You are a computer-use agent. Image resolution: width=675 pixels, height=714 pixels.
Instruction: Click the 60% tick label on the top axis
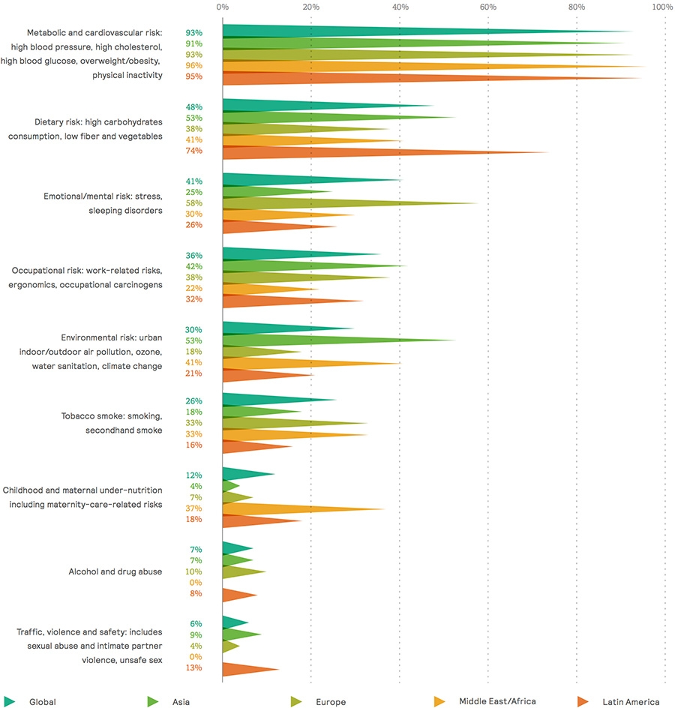pos(488,7)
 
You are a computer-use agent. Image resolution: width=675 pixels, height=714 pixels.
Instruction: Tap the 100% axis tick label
pos(662,7)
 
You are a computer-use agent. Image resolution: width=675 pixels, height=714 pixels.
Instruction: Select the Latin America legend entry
pos(631,702)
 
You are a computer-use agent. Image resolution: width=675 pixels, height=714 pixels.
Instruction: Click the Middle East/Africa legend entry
pos(497,702)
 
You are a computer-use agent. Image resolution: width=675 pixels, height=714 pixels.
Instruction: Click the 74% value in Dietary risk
pos(193,151)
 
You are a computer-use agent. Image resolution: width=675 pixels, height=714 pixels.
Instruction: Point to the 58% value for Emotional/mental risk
pos(193,203)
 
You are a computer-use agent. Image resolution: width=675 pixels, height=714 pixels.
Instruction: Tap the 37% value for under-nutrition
pos(193,508)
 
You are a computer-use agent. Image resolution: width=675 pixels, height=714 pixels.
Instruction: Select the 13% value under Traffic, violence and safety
pos(193,667)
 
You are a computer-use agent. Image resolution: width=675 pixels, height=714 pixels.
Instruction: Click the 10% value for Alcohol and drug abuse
pos(193,572)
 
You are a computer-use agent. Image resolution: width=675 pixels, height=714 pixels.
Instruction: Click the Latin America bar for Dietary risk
pos(337,152)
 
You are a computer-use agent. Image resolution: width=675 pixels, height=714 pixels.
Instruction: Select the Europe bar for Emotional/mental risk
pos(315,203)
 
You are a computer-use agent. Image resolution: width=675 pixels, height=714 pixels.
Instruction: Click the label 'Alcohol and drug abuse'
pos(115,571)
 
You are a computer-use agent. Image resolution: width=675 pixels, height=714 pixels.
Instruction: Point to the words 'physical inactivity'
pos(127,76)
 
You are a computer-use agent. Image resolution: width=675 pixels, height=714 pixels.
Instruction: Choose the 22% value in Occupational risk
pos(193,289)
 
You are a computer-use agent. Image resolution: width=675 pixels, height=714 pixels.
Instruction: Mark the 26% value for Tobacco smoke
pos(193,401)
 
